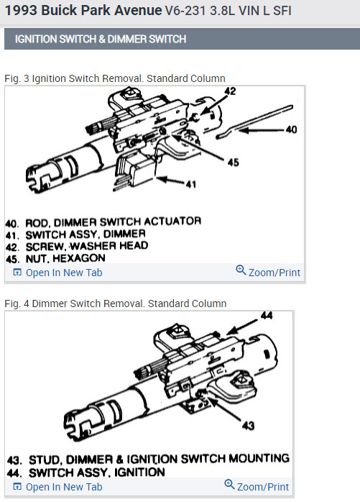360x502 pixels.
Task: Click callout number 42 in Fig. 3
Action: (230, 92)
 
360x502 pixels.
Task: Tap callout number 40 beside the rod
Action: (290, 130)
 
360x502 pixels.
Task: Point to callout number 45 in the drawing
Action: (233, 163)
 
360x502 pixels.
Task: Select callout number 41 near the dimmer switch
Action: (190, 184)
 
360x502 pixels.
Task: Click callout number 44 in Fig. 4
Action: (267, 315)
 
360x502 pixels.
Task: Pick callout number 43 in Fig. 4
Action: (248, 425)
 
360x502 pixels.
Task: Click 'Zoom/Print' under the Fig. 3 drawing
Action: (268, 272)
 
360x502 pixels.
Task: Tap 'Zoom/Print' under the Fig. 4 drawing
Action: (257, 486)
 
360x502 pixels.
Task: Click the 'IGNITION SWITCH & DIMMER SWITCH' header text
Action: (100, 39)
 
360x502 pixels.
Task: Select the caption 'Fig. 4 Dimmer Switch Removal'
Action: (115, 304)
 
